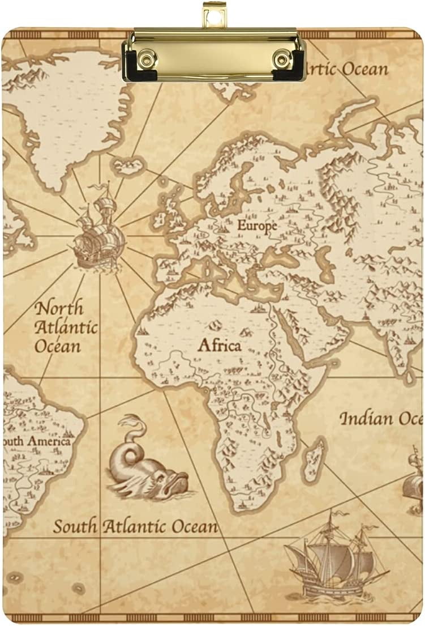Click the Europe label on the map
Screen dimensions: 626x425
pos(257,225)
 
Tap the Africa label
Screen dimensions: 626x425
pos(219,345)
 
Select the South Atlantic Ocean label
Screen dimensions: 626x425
pos(135,526)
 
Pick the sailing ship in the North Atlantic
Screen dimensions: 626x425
pos(99,232)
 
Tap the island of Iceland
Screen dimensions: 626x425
pos(128,166)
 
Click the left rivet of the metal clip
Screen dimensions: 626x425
pos(148,58)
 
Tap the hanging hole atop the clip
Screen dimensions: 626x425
pos(214,15)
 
